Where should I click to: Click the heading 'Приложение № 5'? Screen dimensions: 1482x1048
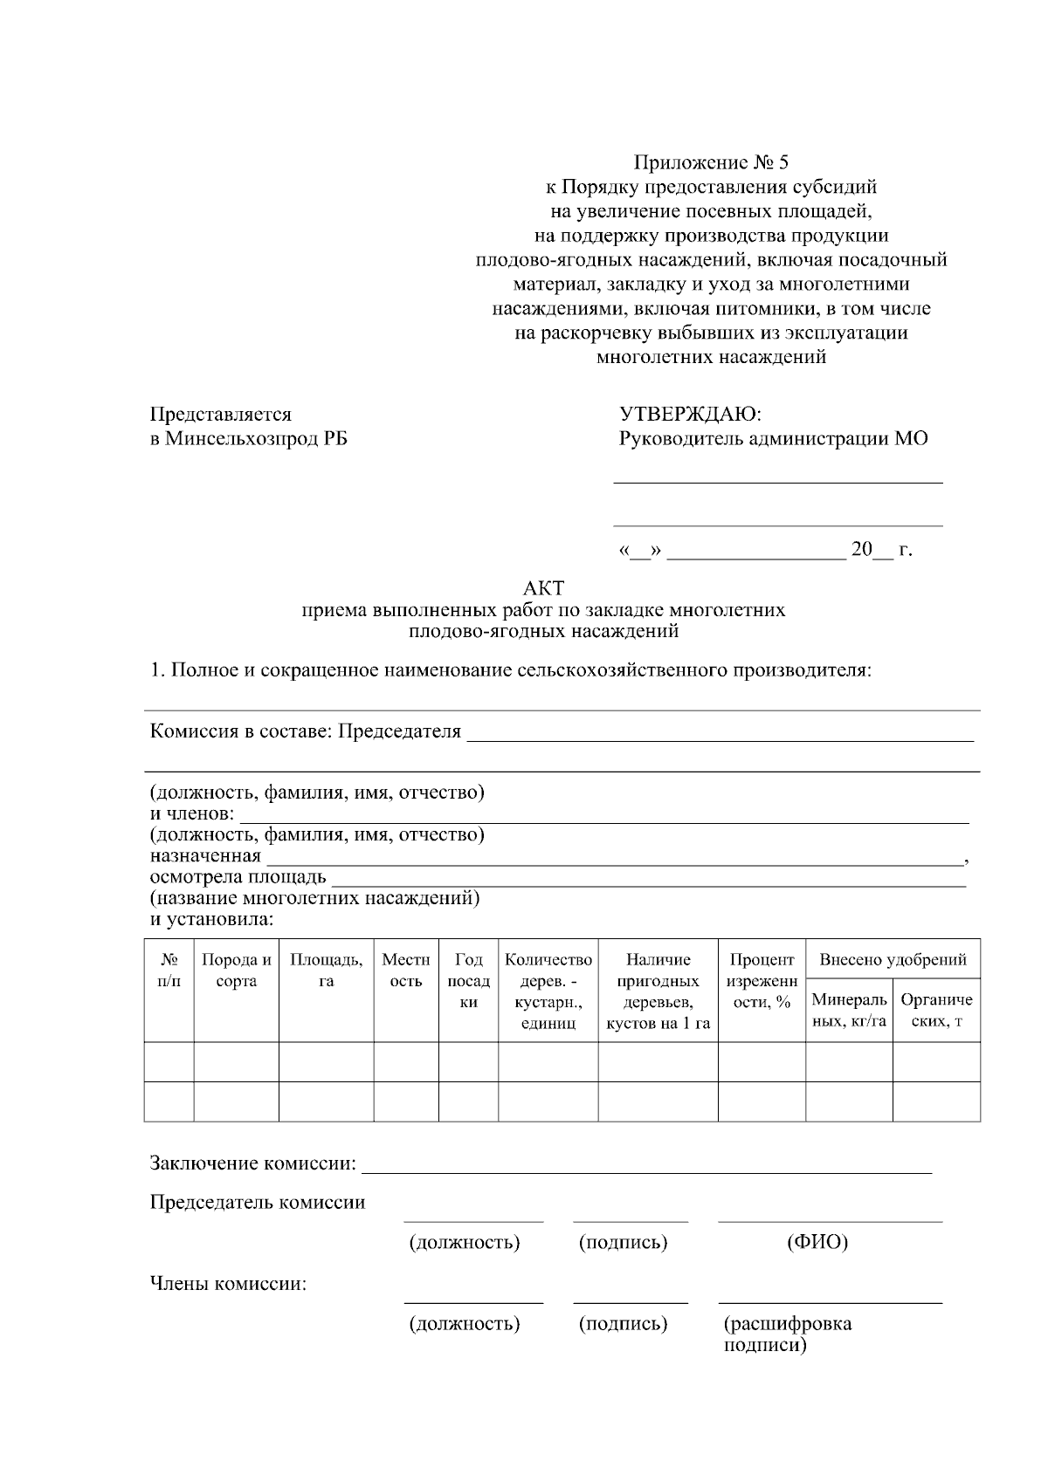pyautogui.click(x=710, y=162)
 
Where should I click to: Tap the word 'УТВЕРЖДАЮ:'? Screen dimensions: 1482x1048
pyautogui.click(x=690, y=414)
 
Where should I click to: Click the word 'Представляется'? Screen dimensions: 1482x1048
pyautogui.click(x=221, y=414)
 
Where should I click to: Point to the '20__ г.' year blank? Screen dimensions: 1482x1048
pyautogui.click(x=881, y=550)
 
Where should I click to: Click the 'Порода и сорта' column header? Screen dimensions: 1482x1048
pyautogui.click(x=236, y=971)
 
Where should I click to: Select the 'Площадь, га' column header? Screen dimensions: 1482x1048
pyautogui.click(x=326, y=971)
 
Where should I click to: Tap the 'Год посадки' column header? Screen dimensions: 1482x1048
pyautogui.click(x=468, y=981)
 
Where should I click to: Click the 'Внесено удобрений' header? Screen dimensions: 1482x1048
pyautogui.click(x=892, y=960)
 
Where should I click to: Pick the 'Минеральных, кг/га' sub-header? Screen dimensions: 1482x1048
pyautogui.click(x=849, y=1010)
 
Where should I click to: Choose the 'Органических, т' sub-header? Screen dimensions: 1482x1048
pyautogui.click(x=936, y=1010)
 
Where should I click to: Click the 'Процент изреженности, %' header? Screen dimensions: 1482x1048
pyautogui.click(x=762, y=981)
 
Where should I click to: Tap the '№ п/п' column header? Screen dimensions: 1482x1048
pyautogui.click(x=169, y=971)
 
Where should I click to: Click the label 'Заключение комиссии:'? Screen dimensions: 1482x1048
pyautogui.click(x=253, y=1163)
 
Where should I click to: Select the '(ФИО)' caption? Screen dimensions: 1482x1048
pyautogui.click(x=817, y=1242)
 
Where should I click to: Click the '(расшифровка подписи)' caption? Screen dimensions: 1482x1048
pyautogui.click(x=787, y=1334)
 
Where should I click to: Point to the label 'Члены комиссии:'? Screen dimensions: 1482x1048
pyautogui.click(x=228, y=1284)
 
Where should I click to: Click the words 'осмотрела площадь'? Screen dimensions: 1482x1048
pyautogui.click(x=238, y=877)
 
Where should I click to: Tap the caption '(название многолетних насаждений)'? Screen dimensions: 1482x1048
pyautogui.click(x=314, y=898)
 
